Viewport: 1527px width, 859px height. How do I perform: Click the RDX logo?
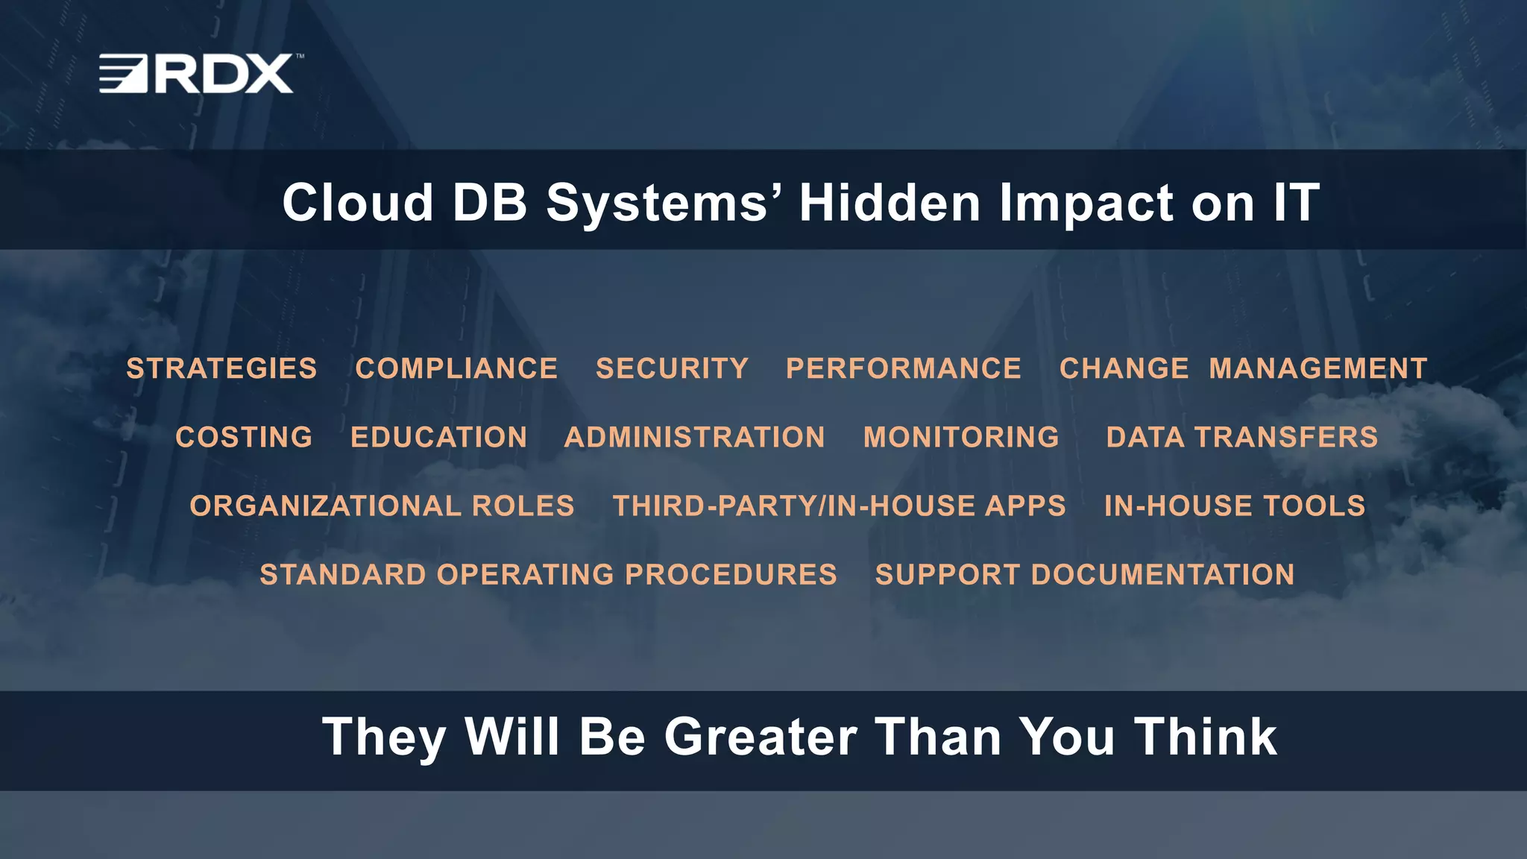click(197, 73)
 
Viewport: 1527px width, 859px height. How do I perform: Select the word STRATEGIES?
click(221, 368)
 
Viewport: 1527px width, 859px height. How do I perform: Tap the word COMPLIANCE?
click(456, 368)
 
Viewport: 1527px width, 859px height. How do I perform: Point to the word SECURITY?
click(672, 368)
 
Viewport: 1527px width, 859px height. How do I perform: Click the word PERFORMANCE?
click(904, 368)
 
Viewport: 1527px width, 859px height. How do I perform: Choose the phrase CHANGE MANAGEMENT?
click(1243, 368)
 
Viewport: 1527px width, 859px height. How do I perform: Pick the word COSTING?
click(244, 437)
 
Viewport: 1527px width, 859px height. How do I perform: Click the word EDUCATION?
click(439, 437)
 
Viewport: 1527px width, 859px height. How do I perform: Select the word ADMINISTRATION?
click(695, 437)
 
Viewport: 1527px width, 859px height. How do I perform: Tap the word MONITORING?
click(961, 437)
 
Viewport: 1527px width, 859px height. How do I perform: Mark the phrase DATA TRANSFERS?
click(1242, 437)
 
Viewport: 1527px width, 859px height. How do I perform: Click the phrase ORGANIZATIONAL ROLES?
click(382, 506)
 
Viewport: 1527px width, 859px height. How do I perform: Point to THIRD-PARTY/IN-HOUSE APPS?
click(840, 506)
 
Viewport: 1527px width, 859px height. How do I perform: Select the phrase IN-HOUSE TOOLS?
click(1235, 506)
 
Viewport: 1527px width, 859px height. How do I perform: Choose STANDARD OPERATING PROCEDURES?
click(548, 574)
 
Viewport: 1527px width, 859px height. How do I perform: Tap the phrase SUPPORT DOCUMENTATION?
click(1085, 574)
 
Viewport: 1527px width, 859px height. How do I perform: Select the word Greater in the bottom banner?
click(761, 737)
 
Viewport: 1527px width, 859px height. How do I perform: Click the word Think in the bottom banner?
click(1206, 737)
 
